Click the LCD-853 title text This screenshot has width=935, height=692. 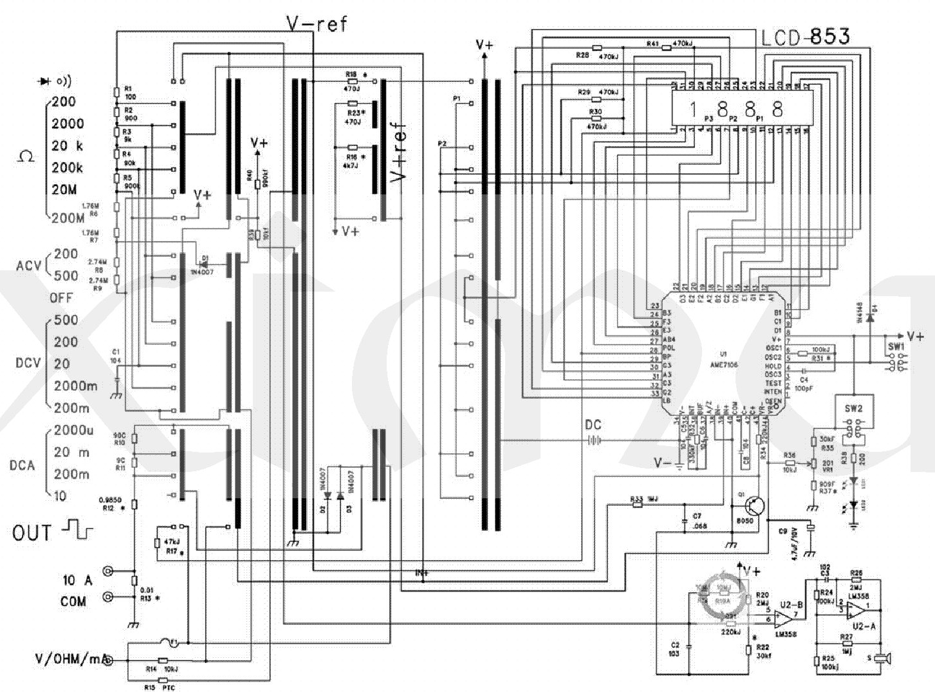(805, 37)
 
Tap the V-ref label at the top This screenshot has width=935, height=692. (316, 24)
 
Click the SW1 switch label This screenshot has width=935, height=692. (896, 346)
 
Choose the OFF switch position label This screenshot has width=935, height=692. (61, 298)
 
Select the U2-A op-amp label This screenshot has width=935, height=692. (863, 626)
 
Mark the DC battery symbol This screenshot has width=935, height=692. (593, 440)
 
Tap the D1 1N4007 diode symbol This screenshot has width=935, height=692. (204, 263)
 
